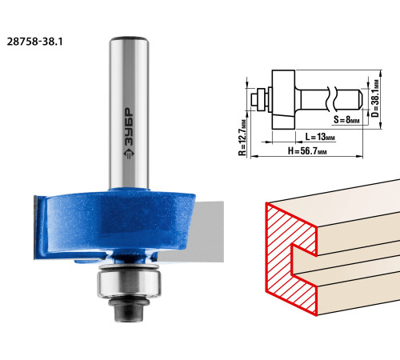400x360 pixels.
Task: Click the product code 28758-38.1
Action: (34, 42)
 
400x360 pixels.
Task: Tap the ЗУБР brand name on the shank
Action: (129, 126)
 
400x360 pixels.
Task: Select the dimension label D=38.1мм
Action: (375, 98)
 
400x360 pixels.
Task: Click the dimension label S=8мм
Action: (346, 119)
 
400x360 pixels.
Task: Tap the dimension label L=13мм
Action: (320, 137)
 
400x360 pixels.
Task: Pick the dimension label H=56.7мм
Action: (307, 151)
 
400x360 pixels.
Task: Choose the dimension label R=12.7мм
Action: (242, 137)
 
